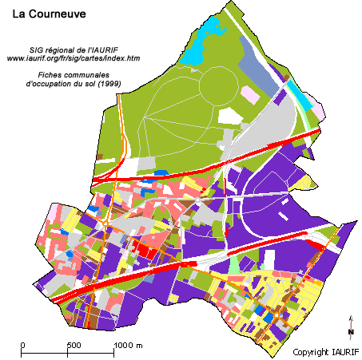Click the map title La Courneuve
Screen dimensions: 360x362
point(50,14)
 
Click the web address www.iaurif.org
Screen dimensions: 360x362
point(74,58)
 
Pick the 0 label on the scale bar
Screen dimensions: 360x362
point(23,345)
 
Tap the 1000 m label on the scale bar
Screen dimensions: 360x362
point(128,345)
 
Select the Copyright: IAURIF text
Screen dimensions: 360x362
point(324,352)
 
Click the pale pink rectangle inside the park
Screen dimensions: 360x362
point(250,95)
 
